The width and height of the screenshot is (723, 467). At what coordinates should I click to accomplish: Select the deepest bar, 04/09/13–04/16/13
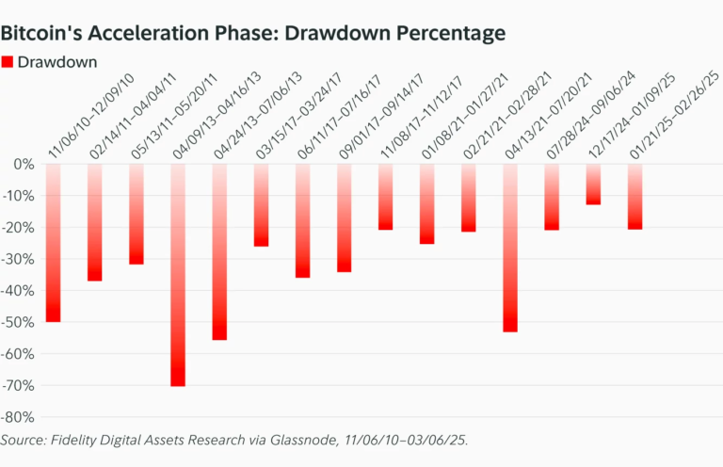pos(178,275)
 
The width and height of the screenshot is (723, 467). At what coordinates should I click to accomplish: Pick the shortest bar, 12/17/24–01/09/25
pos(593,185)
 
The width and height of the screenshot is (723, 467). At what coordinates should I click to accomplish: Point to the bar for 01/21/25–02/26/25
pos(635,197)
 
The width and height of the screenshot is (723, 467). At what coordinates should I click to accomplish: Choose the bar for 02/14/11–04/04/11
pos(94,222)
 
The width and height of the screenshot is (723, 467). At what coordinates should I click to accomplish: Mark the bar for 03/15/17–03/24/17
pos(261,205)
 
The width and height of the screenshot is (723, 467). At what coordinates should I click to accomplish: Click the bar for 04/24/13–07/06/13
pos(219,251)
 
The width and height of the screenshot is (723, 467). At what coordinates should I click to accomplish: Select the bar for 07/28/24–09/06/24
pos(552,197)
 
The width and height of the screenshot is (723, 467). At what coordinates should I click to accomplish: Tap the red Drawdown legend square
pos(8,62)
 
